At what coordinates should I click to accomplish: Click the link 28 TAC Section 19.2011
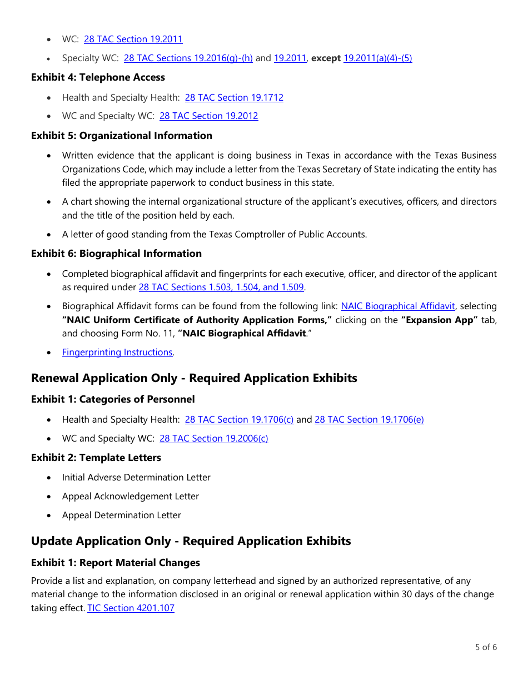pos(133,39)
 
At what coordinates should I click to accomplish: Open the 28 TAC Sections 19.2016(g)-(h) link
pos(188,58)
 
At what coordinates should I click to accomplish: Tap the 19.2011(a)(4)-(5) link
pos(377,58)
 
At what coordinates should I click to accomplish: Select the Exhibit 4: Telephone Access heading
pos(98,77)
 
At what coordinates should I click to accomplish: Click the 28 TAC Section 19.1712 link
pos(234,97)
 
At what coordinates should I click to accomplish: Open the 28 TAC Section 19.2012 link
pos(208,116)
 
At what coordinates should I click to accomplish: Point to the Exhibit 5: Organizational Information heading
pos(122,136)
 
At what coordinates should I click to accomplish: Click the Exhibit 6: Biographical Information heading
pos(116,254)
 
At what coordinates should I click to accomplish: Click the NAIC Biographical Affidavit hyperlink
pos(398,306)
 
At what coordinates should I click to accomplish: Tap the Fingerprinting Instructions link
pos(117,352)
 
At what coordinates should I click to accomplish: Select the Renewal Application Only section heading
pos(194,378)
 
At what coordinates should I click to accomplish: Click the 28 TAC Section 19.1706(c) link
pos(239,419)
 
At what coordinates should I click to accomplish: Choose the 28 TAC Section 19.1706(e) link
pos(369,419)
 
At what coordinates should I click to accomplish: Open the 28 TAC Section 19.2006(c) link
pos(213,438)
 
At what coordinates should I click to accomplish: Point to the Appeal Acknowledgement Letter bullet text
pos(130,496)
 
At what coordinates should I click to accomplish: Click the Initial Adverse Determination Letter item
pos(136,477)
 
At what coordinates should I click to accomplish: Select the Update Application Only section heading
pos(191,541)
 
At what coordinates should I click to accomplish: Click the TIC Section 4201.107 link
pos(131,608)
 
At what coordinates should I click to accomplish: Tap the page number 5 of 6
pos(486,647)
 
